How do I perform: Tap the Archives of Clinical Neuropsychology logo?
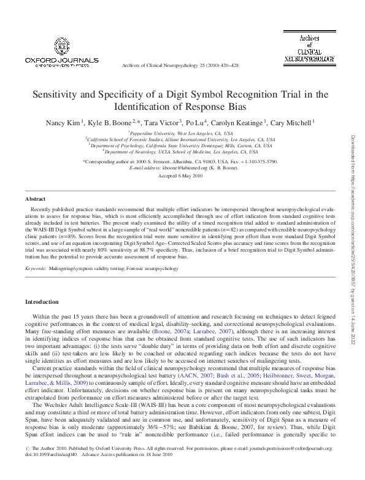point(309,48)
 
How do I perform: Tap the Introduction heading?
point(41,302)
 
